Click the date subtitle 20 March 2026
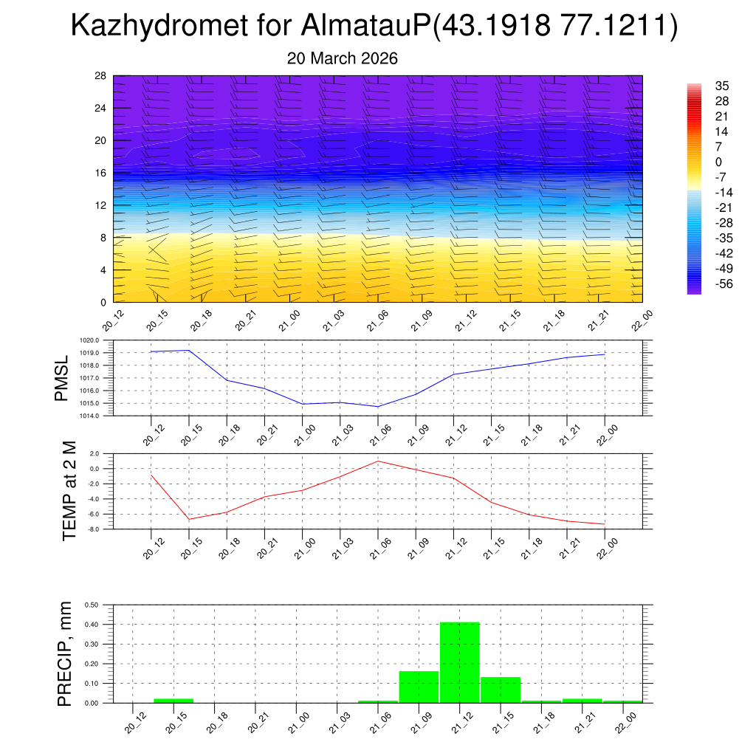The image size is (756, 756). [x=342, y=58]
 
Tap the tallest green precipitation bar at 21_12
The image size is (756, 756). [x=459, y=662]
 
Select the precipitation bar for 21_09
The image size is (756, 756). [x=419, y=687]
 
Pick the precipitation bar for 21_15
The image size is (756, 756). [x=501, y=690]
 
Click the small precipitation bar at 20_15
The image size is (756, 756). [x=173, y=700]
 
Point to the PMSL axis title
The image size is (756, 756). [x=62, y=378]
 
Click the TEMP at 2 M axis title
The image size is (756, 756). [x=69, y=491]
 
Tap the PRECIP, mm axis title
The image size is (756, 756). [x=65, y=653]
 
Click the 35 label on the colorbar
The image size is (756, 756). [x=722, y=86]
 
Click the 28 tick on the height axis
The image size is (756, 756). [x=101, y=76]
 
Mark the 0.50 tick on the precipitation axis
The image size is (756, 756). [x=92, y=605]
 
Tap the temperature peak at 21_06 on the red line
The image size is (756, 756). [x=378, y=461]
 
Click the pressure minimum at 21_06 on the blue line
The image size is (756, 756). [x=378, y=407]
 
